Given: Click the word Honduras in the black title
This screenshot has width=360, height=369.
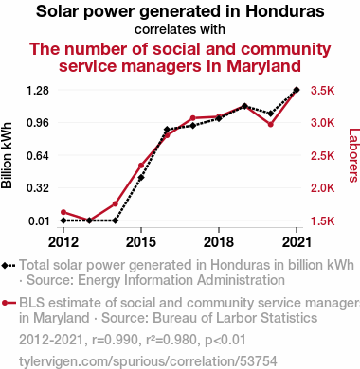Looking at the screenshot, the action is tap(285, 11).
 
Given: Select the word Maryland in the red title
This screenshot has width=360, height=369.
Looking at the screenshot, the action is tap(263, 66).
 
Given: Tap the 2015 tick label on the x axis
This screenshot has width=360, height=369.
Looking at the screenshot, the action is tap(141, 242).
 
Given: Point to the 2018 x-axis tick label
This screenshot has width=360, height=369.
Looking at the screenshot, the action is tap(219, 242).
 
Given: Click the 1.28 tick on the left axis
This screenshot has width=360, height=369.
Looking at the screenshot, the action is tap(38, 91).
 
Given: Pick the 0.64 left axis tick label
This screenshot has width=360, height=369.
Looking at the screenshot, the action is tap(38, 156).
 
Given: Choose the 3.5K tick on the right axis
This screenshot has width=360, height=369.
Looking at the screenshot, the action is tap(322, 91).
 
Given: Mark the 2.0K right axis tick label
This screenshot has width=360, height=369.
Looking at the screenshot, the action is tap(322, 188).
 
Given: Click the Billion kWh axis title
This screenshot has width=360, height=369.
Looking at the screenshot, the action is tap(7, 155).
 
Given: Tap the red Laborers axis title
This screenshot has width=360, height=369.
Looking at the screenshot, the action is tap(353, 155).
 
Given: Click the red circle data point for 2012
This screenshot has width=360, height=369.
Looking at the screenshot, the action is tap(63, 212).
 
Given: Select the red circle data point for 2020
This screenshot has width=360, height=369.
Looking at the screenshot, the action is tap(270, 125).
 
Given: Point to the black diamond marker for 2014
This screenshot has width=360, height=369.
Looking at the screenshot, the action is tap(116, 220).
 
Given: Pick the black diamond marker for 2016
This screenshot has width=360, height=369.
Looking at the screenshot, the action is tap(167, 130).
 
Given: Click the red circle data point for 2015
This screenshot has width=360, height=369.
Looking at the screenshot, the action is tap(141, 166).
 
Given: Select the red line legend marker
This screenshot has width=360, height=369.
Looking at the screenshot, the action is tap(9, 303).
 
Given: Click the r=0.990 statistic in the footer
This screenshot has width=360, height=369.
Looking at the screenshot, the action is tap(115, 340).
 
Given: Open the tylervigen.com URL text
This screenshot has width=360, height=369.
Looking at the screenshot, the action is tap(148, 361).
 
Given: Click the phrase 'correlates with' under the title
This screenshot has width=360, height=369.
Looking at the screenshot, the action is tap(180, 29).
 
